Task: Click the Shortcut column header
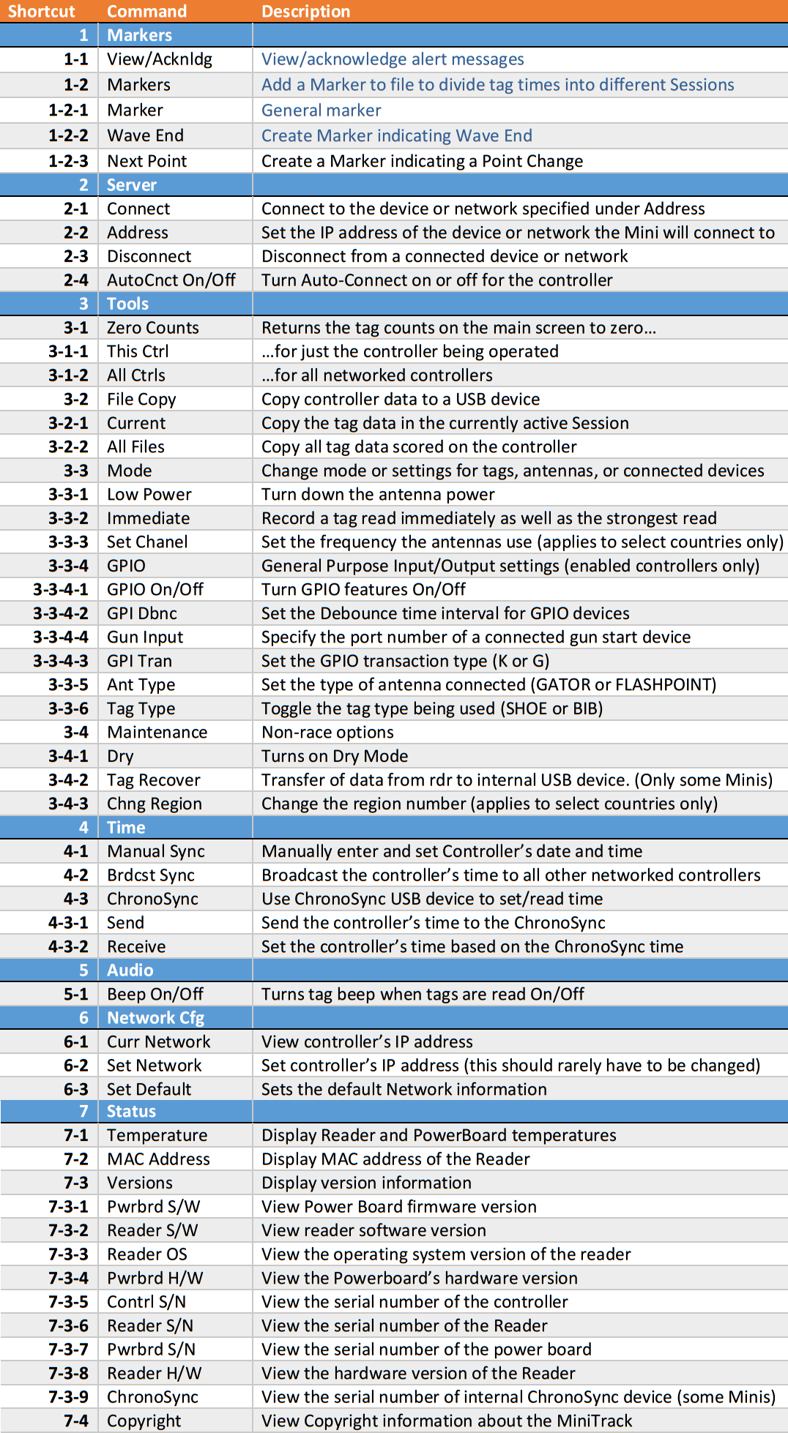(41, 12)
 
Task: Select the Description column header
(305, 12)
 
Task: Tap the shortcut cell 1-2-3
(68, 161)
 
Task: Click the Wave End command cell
(145, 135)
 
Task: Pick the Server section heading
(132, 185)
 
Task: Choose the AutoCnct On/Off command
(171, 280)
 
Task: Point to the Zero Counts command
(153, 328)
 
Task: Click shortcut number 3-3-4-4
(61, 637)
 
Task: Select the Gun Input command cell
(145, 637)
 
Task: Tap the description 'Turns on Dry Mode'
(335, 756)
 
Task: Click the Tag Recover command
(154, 780)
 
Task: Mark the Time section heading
(126, 828)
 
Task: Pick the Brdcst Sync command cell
(151, 875)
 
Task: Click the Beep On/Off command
(155, 994)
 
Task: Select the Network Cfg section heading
(155, 1018)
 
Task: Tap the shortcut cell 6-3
(75, 1089)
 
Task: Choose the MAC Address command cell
(158, 1159)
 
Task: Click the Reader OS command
(147, 1254)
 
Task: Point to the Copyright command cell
(144, 1421)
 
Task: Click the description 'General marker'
(321, 111)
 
